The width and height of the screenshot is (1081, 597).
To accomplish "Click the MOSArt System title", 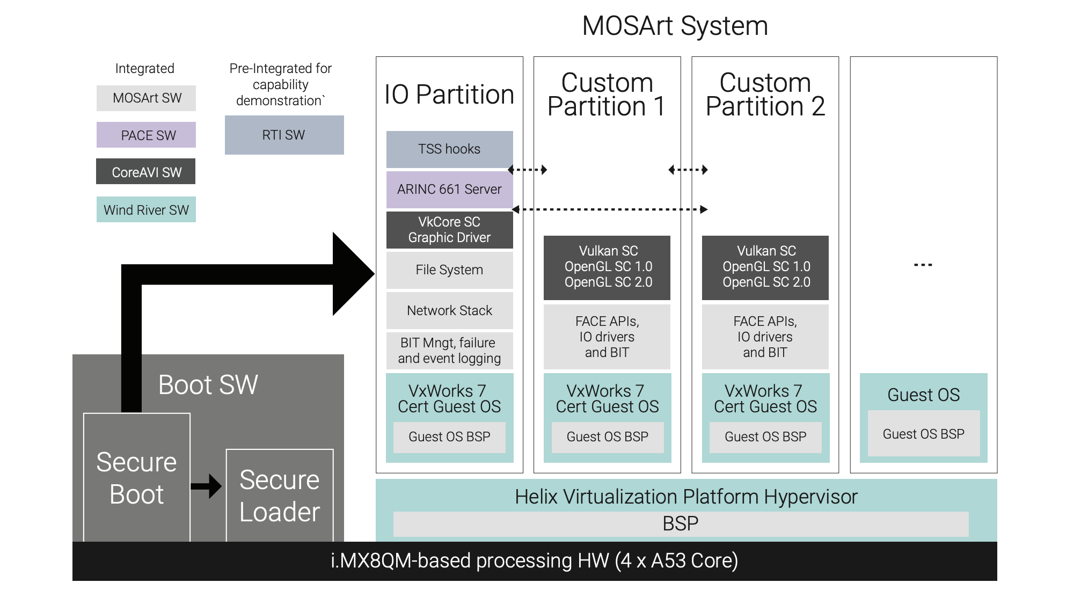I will tap(675, 26).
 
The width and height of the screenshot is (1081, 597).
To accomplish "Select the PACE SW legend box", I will tap(146, 135).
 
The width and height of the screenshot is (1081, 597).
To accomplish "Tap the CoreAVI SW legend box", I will tap(146, 172).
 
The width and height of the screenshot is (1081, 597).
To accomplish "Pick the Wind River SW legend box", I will tap(146, 209).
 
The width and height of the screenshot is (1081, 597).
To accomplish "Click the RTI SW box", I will tap(284, 135).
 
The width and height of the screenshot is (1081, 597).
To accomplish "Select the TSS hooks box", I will tap(449, 149).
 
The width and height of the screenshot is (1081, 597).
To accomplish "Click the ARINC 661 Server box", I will tap(449, 189).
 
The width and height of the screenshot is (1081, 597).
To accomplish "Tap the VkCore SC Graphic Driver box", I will tap(449, 230).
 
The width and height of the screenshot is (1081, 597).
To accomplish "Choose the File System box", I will tap(449, 270).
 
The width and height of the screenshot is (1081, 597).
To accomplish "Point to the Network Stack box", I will tap(449, 310).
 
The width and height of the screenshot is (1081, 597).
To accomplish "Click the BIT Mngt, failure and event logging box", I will tap(449, 351).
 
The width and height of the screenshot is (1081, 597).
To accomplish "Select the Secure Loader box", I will tap(280, 496).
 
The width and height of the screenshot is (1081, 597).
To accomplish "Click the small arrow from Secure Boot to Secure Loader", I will tap(207, 486).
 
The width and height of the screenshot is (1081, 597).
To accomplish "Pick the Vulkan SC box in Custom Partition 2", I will tap(765, 267).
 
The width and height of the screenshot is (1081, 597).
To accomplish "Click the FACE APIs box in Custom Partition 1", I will tap(607, 337).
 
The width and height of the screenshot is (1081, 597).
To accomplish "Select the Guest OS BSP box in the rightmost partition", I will tap(923, 434).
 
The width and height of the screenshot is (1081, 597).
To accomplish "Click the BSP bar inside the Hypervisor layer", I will tap(681, 523).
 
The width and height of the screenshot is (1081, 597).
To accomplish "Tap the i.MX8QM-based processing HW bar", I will tap(535, 561).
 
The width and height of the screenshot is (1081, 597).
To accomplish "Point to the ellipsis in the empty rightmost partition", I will tap(923, 265).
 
